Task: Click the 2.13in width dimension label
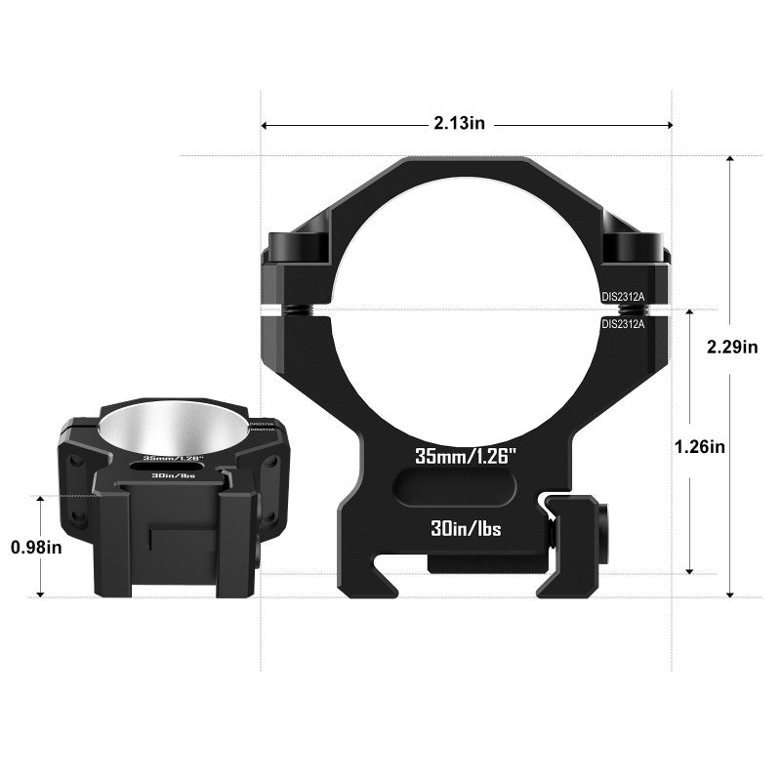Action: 460,124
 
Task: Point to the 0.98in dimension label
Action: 36,547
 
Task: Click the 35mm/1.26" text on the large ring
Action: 465,455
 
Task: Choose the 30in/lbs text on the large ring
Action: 465,529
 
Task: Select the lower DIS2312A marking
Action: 623,323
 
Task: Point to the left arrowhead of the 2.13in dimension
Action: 266,125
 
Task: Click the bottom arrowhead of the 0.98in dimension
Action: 40,591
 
